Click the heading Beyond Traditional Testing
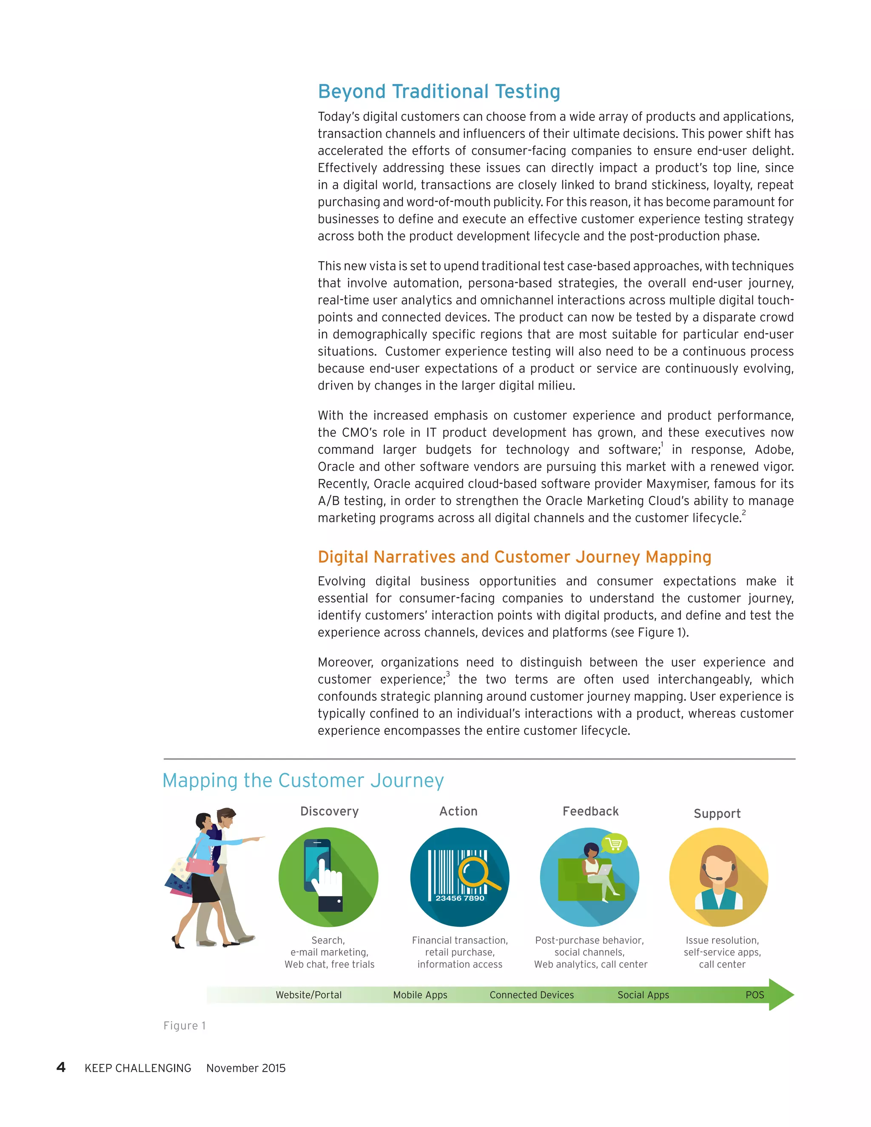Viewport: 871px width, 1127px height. point(438,91)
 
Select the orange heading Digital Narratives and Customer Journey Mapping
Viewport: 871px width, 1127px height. point(514,557)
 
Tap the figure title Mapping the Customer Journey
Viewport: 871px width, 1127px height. point(303,780)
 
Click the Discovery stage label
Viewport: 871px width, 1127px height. point(329,811)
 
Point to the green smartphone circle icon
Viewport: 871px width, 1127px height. point(328,877)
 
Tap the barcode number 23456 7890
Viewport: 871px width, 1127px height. point(460,898)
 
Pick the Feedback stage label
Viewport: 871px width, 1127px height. point(590,811)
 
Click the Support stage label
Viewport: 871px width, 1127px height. point(717,813)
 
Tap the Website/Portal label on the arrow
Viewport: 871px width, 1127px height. point(309,995)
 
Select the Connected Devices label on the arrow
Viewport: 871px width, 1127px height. point(532,995)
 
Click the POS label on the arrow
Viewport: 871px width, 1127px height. point(754,995)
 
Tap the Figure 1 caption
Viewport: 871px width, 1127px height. point(184,1025)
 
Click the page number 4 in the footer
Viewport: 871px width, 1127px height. point(61,1067)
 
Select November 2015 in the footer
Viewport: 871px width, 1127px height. point(246,1068)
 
